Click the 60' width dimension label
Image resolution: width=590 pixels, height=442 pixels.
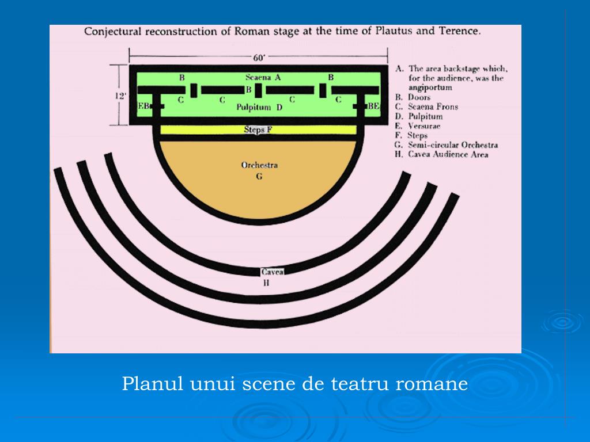pyautogui.click(x=258, y=58)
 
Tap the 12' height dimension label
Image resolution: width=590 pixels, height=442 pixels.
pyautogui.click(x=120, y=96)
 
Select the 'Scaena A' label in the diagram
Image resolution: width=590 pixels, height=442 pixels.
pyautogui.click(x=263, y=77)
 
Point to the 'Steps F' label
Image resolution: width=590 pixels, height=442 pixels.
pyautogui.click(x=258, y=130)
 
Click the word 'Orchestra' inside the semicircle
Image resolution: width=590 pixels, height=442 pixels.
pyautogui.click(x=259, y=165)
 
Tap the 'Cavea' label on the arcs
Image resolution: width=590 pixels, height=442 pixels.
pyautogui.click(x=272, y=272)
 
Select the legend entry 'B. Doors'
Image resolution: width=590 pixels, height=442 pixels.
pyautogui.click(x=413, y=97)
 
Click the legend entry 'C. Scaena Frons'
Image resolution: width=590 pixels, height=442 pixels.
pyautogui.click(x=427, y=106)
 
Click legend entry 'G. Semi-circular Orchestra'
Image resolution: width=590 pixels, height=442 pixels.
pyautogui.click(x=447, y=145)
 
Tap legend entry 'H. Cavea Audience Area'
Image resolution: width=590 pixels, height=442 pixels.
pyautogui.click(x=442, y=154)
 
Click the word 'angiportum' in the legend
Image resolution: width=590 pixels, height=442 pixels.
pyautogui.click(x=430, y=87)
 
